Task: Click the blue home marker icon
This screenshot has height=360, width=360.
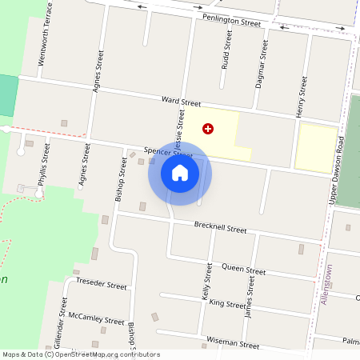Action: [x=180, y=173]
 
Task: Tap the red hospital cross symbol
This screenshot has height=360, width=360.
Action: [x=208, y=128]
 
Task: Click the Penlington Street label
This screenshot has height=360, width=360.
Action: [x=231, y=20]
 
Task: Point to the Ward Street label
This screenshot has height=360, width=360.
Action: [x=181, y=102]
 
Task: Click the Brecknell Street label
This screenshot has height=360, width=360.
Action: [x=220, y=228]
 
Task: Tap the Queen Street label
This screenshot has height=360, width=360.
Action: [x=243, y=270]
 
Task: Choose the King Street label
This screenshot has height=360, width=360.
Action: [x=227, y=304]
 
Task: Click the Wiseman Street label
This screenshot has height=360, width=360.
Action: [x=232, y=345]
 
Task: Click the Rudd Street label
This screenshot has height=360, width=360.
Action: [x=227, y=50]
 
